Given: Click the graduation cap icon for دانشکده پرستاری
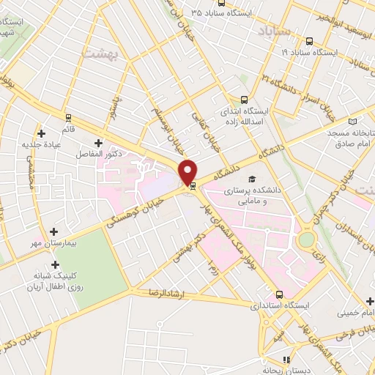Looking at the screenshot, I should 253,179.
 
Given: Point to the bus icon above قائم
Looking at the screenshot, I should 68,116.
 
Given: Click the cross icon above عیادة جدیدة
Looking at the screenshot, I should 41,133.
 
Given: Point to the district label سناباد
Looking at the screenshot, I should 275,31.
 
